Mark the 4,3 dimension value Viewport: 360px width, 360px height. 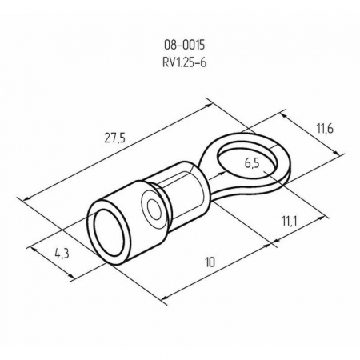pyautogui.click(x=61, y=254)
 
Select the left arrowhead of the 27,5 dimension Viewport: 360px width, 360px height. pyautogui.click(x=23, y=197)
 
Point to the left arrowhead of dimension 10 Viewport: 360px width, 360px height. pyautogui.click(x=165, y=298)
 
